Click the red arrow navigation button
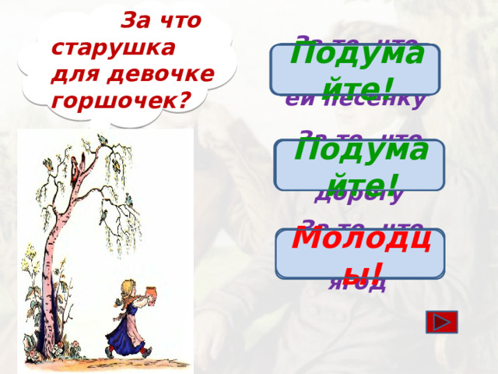[442, 322]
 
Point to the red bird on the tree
[75, 164]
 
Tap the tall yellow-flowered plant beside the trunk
[32, 273]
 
